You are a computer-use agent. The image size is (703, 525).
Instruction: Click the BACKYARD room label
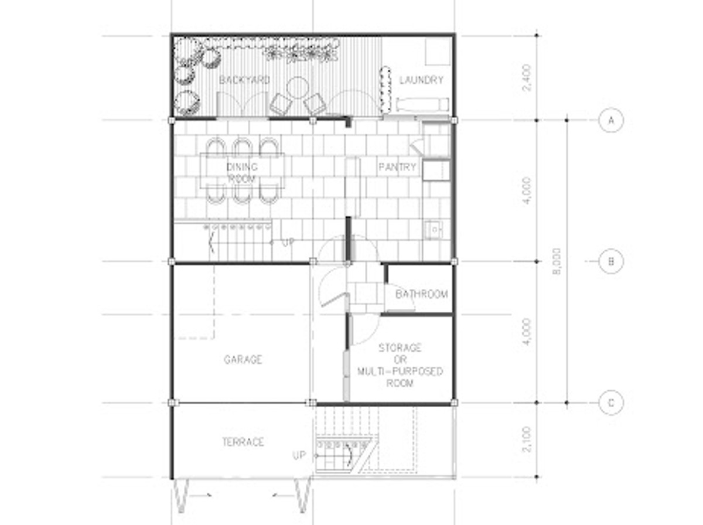[x=244, y=80]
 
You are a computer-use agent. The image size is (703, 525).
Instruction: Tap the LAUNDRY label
[x=421, y=80]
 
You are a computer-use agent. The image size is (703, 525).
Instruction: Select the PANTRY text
[x=397, y=166]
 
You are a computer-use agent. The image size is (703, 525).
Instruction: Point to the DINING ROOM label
[x=242, y=172]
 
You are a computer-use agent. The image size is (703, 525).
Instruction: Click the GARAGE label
[x=243, y=359]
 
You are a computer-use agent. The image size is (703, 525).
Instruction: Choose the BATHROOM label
[x=421, y=294]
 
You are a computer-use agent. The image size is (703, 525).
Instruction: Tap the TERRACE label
[x=243, y=442]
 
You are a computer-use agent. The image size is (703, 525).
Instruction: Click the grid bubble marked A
[x=611, y=121]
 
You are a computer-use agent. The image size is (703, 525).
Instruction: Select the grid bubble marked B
[x=611, y=261]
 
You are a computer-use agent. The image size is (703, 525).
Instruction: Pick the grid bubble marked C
[x=611, y=403]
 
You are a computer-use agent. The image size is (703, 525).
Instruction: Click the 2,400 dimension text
[x=526, y=78]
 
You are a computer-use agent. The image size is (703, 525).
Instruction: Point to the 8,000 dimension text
[x=557, y=261]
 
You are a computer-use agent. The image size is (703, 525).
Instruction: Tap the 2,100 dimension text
[x=526, y=439]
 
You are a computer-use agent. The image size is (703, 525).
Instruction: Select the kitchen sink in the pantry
[x=434, y=230]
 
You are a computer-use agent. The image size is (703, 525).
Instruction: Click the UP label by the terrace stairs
[x=299, y=455]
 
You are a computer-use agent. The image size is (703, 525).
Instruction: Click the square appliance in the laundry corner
[x=438, y=51]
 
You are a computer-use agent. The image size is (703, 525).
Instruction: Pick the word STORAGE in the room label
[x=400, y=347]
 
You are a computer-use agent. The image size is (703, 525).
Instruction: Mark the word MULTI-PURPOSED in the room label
[x=400, y=371]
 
